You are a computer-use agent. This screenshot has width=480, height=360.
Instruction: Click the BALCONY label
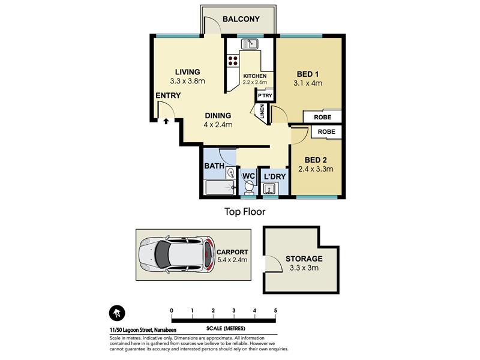(241, 19)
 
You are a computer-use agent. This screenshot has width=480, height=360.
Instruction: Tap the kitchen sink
(249, 44)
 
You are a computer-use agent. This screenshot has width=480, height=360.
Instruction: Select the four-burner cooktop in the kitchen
(233, 61)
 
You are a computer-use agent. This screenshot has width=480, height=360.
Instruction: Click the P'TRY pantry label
(265, 95)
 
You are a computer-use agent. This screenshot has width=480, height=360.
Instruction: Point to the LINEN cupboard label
(262, 112)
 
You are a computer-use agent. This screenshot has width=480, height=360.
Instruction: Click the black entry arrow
(166, 121)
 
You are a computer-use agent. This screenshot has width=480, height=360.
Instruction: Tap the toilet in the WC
(249, 187)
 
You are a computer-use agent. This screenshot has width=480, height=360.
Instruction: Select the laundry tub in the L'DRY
(269, 188)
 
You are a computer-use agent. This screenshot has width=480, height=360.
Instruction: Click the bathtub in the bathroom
(220, 187)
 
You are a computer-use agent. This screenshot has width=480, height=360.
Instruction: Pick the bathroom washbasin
(230, 173)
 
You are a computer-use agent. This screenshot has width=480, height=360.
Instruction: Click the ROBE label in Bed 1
(323, 117)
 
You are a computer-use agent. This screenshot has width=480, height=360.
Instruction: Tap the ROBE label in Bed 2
(326, 131)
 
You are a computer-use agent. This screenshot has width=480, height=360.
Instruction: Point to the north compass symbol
(117, 313)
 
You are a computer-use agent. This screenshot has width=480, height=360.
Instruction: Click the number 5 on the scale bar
(275, 311)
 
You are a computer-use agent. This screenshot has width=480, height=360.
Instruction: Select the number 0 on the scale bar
(172, 311)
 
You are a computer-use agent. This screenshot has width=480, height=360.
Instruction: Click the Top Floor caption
(245, 212)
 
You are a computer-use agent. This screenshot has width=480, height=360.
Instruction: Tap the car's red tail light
(209, 254)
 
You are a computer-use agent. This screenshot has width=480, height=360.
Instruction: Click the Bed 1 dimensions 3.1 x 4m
(308, 83)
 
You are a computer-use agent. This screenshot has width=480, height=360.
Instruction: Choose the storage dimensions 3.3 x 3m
(304, 268)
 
